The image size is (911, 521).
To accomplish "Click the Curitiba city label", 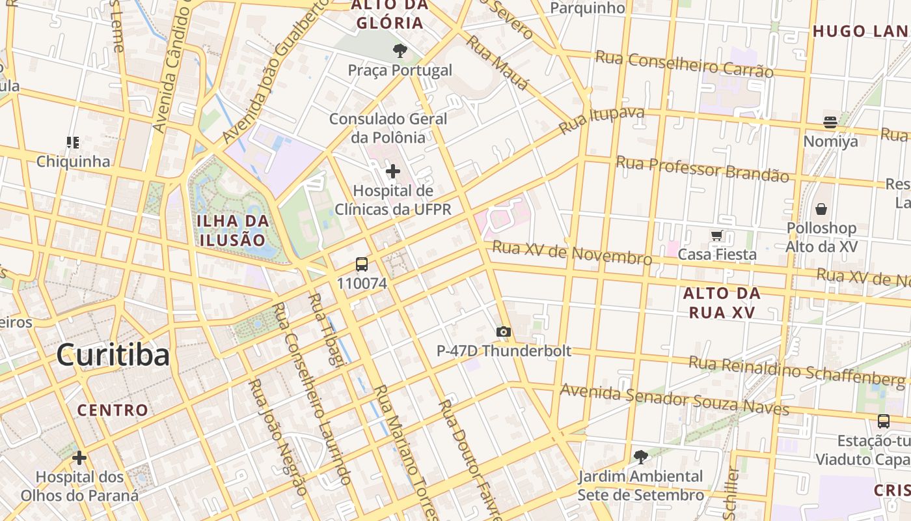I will click(x=113, y=355).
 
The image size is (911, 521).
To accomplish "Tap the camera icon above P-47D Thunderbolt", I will click(x=503, y=332).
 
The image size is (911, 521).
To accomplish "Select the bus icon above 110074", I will click(x=362, y=264).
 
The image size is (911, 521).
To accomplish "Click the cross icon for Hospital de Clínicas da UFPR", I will click(x=393, y=171).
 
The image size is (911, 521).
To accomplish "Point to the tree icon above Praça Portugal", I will click(x=400, y=50).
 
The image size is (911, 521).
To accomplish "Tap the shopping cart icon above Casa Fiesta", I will click(x=717, y=235).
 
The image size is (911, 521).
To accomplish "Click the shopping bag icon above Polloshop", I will click(x=821, y=209).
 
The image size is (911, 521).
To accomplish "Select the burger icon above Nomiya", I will click(x=830, y=122).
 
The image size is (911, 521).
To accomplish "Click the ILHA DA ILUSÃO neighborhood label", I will click(x=233, y=230).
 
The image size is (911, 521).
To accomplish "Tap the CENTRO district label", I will click(x=113, y=410).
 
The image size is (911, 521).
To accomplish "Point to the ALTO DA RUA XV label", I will click(x=722, y=303).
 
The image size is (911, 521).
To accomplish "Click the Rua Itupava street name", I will click(x=601, y=120).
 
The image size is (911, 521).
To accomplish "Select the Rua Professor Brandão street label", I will click(x=702, y=169).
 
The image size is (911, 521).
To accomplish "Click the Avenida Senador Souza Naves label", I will click(x=674, y=399).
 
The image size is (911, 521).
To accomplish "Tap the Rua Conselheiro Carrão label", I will click(x=684, y=64).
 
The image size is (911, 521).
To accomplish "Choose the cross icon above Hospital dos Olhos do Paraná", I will click(x=79, y=458).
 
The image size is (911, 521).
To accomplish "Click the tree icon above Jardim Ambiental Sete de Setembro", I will click(x=641, y=457).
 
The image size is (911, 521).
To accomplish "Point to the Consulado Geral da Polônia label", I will click(x=388, y=128).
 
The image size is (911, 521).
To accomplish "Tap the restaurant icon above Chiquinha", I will click(x=72, y=142).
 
